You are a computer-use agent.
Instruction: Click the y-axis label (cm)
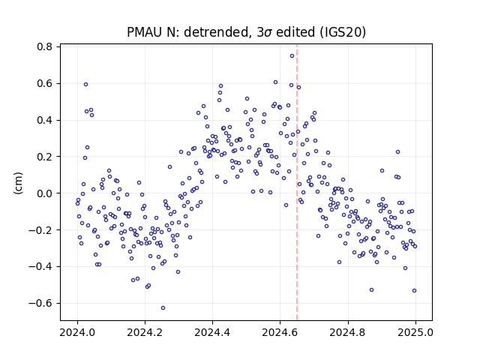(18, 183)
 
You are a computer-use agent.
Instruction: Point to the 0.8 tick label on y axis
(44, 46)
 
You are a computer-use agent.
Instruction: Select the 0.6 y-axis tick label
(44, 83)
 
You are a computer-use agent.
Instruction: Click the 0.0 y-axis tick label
(44, 193)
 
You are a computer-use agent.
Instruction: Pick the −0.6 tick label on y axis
(40, 303)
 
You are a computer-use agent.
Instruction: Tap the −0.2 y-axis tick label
(40, 230)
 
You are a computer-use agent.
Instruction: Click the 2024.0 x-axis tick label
(77, 332)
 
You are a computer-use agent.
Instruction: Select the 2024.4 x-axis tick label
(212, 332)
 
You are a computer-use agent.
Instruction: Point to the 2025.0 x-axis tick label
(415, 332)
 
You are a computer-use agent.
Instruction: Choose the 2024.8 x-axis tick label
(348, 332)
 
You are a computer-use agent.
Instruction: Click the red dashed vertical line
(297, 182)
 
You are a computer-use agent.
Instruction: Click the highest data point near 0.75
(292, 56)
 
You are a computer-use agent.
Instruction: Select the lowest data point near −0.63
(163, 308)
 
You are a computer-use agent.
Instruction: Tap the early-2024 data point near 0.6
(86, 85)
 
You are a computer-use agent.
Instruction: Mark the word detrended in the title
(215, 32)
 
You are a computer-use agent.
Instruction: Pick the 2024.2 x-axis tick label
(145, 332)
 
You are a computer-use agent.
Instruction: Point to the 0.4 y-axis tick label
(44, 120)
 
